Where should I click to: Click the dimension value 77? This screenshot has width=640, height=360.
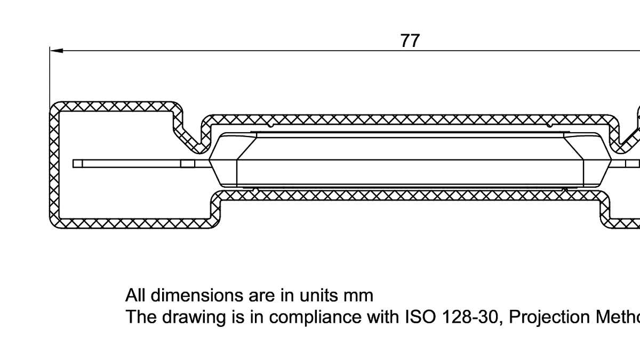click(x=410, y=41)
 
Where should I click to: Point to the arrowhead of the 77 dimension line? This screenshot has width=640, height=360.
click(x=56, y=51)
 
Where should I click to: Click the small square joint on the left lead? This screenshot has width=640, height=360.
click(x=188, y=164)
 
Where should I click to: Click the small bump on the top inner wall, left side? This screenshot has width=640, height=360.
click(x=271, y=125)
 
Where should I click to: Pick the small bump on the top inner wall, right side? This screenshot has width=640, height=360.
click(x=549, y=125)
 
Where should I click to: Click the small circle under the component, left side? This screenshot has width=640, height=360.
click(x=255, y=190)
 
